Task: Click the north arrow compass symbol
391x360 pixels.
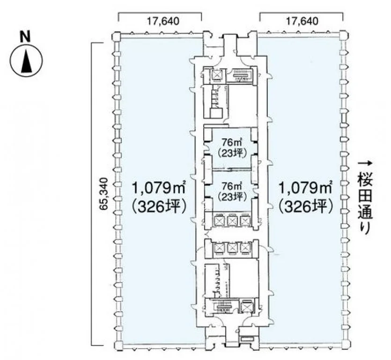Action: pos(26,60)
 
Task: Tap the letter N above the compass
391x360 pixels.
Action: pos(25,37)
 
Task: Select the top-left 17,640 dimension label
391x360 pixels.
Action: pos(162,21)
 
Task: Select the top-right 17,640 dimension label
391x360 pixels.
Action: pos(302,21)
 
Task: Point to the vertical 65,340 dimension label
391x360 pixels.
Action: pos(104,194)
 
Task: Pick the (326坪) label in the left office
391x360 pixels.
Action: pos(159,207)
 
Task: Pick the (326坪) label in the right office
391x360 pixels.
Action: pos(306,207)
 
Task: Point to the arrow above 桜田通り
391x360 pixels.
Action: pos(365,163)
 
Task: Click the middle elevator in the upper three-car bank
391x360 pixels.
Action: pos(232,220)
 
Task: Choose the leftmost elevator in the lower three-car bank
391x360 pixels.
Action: pos(219,247)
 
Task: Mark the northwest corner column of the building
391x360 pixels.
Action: pos(116,37)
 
